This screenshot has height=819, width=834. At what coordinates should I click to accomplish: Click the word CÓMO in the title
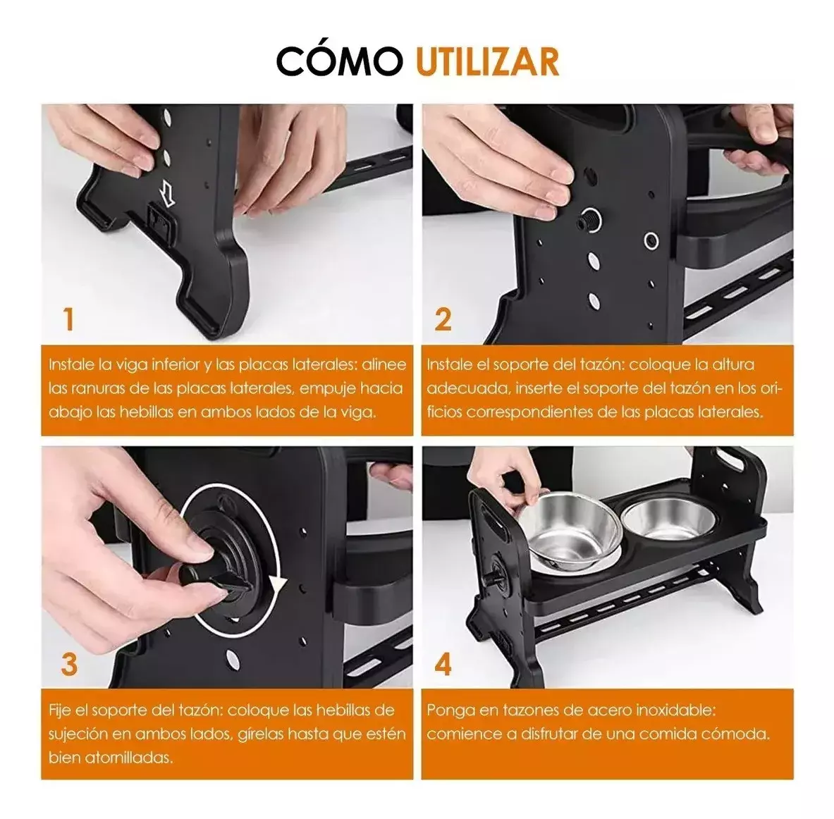click(339, 61)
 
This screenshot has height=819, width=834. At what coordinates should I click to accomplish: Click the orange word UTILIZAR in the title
click(487, 61)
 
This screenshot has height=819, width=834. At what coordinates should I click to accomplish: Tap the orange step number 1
click(68, 319)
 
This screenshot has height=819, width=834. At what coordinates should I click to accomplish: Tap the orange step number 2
click(443, 319)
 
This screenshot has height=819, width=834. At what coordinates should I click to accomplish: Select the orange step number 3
click(68, 664)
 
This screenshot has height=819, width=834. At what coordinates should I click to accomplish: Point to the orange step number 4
click(443, 664)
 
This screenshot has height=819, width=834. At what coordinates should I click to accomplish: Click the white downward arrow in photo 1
click(166, 191)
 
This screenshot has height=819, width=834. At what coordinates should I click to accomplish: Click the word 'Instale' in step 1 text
click(71, 365)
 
